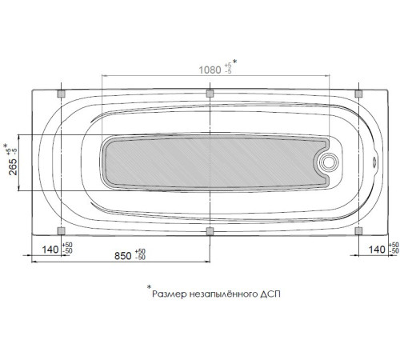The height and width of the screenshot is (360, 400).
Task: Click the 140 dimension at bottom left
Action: (x=50, y=250)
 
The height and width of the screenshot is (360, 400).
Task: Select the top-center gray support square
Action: (x=210, y=94)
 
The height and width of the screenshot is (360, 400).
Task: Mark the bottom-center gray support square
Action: (x=210, y=231)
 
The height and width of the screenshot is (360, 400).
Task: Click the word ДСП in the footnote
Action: (x=270, y=294)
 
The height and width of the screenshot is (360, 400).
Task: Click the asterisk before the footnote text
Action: (x=149, y=287)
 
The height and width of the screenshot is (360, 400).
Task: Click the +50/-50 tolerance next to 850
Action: (x=142, y=255)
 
